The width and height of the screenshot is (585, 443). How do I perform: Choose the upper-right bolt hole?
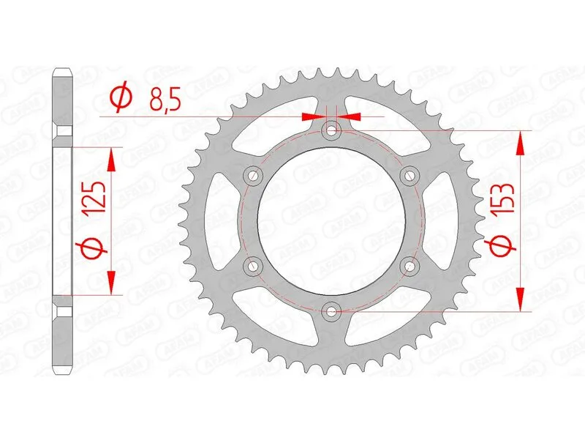[410, 176]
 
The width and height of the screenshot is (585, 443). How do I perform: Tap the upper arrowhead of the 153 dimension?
[520, 144]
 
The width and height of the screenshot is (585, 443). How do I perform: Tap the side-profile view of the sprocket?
[64, 220]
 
